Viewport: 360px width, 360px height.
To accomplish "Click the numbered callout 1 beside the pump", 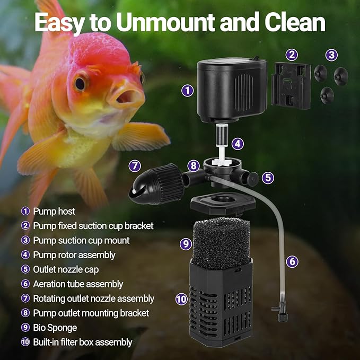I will (x=187, y=90).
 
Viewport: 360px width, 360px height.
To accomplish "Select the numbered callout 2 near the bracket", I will (x=292, y=54).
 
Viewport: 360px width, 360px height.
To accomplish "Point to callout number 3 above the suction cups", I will (x=331, y=54).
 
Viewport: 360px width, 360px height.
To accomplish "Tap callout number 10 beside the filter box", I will (x=182, y=299).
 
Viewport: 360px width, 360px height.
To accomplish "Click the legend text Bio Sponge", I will (x=55, y=328).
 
